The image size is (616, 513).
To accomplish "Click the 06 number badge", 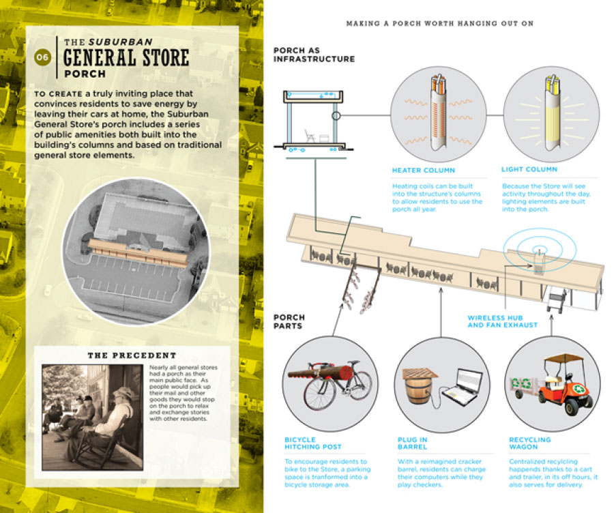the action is (42, 57).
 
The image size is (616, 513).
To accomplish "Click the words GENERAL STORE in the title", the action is (126, 57).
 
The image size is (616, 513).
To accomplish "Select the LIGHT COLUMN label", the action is (529, 169).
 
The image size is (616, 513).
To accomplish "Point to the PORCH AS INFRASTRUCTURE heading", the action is (314, 55).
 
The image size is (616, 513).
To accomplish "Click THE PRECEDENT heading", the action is (132, 355).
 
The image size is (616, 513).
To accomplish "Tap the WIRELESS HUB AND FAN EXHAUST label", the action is (503, 321).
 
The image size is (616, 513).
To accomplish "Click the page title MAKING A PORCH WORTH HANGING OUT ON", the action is (439, 23).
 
